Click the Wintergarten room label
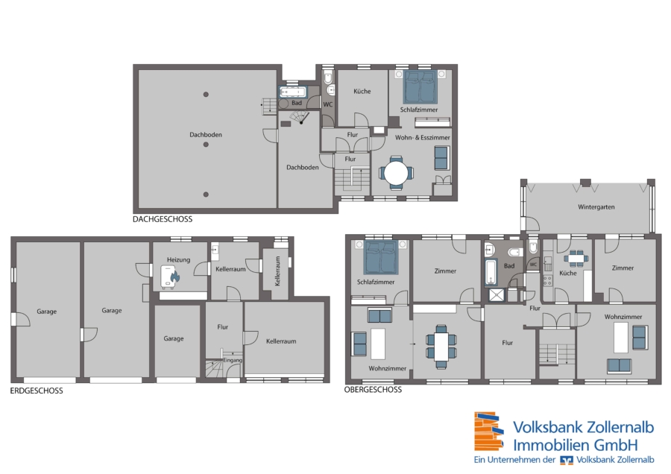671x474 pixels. [596, 207]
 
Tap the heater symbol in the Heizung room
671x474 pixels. [170, 276]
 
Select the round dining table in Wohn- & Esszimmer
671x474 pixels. [397, 173]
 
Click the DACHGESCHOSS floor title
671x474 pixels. [163, 219]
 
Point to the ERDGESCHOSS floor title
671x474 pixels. [37, 391]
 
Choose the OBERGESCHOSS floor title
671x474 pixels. [374, 390]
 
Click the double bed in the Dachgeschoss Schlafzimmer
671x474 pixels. [420, 87]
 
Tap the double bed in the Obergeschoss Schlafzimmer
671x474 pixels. [381, 257]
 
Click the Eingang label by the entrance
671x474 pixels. [233, 360]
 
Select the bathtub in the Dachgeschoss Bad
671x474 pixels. [293, 92]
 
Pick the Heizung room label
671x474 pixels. [178, 259]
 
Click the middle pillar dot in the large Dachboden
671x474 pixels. [206, 145]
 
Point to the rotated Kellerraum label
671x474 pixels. [277, 271]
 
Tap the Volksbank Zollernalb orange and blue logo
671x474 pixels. [489, 432]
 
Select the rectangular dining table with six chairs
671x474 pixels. [441, 346]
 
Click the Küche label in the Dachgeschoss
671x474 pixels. [362, 91]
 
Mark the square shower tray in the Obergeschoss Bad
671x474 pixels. [497, 295]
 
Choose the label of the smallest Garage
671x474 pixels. [173, 338]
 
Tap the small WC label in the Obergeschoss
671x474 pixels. [533, 265]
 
